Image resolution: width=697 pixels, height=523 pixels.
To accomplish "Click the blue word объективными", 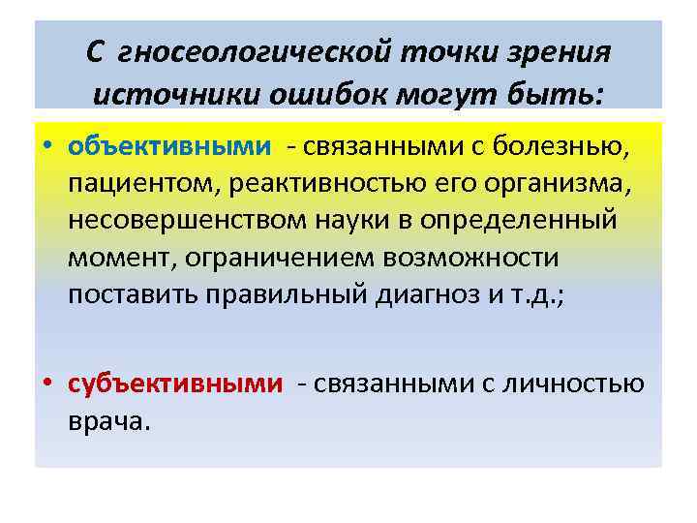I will [x=170, y=147].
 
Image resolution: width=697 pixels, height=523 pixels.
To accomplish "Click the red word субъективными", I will [x=176, y=385].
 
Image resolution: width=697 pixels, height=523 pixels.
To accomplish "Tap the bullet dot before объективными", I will [x=46, y=148].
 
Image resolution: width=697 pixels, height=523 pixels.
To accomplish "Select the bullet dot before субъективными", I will [x=46, y=385].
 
